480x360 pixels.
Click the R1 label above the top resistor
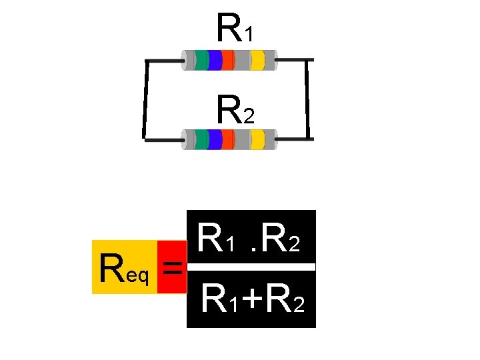pos(234,28)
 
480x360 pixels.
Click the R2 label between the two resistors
pos(235,111)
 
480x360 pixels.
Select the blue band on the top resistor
pos(214,60)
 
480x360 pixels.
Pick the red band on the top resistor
pos(227,60)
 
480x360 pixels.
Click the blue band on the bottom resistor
pos(214,139)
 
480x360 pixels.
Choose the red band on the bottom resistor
pos(227,139)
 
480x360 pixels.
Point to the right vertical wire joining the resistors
pos(308,100)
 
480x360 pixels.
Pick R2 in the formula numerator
pos(283,239)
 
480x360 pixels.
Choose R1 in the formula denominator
pos(219,300)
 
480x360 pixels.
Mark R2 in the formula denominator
pos(285,300)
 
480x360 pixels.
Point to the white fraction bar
pos(251,267)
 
